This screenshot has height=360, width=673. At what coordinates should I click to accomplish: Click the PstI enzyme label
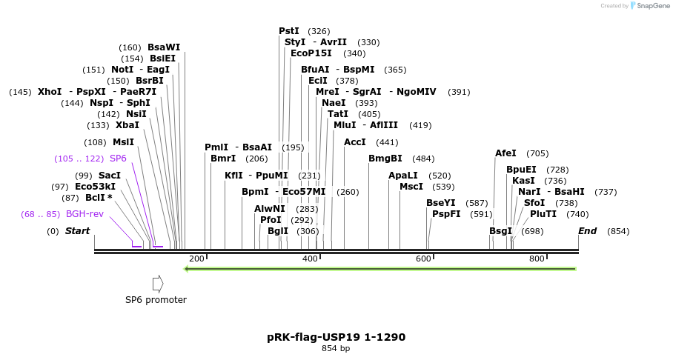(x=289, y=31)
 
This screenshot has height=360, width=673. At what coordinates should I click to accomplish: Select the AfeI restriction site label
(x=505, y=153)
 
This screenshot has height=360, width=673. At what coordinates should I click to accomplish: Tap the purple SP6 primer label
(x=118, y=159)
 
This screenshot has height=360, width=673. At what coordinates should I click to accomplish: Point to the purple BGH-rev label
(x=84, y=214)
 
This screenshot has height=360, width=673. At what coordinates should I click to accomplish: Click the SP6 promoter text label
(x=156, y=300)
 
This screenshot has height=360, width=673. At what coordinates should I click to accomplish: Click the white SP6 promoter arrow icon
(x=158, y=283)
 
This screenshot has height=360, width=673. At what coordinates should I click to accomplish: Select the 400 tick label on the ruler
(x=310, y=259)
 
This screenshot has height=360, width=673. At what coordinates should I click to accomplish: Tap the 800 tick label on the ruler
(x=537, y=259)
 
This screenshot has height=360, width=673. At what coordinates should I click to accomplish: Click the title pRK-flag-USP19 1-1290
(x=336, y=337)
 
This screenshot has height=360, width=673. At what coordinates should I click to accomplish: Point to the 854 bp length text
(x=336, y=349)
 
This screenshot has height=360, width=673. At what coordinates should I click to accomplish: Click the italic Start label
(x=77, y=231)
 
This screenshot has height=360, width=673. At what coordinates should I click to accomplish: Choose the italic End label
(x=587, y=231)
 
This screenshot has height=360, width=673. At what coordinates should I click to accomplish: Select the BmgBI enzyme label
(x=385, y=159)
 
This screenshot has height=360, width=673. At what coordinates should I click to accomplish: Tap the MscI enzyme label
(x=411, y=187)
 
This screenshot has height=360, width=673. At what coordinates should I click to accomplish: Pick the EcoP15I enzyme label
(x=311, y=53)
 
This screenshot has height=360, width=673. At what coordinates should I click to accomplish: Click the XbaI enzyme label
(x=127, y=125)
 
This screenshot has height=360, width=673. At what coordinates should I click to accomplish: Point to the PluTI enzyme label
(x=543, y=214)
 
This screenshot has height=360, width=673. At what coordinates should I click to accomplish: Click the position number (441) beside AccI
(x=387, y=142)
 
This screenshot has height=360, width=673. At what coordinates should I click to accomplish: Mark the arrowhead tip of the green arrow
(x=185, y=268)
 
